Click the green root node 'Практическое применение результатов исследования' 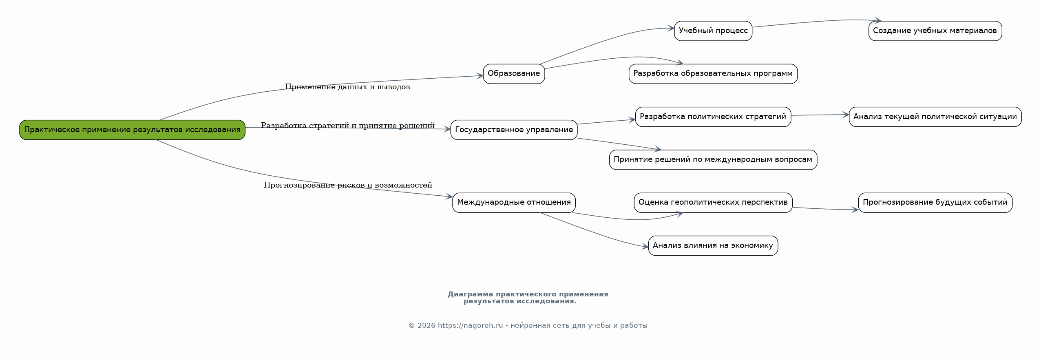[x=132, y=130]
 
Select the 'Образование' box [x=514, y=74]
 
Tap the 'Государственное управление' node [x=514, y=130]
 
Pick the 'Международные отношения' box [x=514, y=203]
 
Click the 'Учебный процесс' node [x=713, y=31]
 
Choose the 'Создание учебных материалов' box [x=935, y=31]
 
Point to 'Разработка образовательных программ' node [x=713, y=74]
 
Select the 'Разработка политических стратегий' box [x=713, y=117]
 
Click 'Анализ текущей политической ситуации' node [x=935, y=117]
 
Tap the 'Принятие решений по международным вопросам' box [x=713, y=160]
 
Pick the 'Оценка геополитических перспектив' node [x=713, y=203]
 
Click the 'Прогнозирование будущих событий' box [x=935, y=203]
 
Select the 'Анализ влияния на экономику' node [x=713, y=245]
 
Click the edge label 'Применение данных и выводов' [x=347, y=87]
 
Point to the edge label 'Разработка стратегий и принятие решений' [x=348, y=126]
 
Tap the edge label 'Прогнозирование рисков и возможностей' [x=348, y=185]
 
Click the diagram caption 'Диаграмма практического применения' [x=528, y=294]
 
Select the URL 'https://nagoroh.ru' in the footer [x=471, y=326]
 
